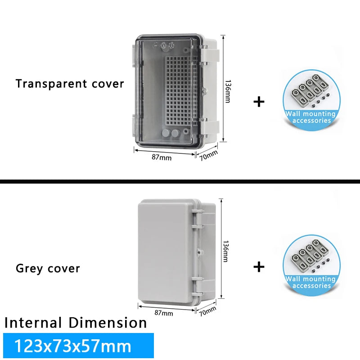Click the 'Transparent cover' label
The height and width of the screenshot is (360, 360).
click(70, 84)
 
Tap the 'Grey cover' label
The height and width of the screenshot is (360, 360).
click(48, 269)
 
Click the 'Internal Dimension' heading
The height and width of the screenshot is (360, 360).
click(76, 323)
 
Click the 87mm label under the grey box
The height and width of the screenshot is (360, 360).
click(164, 313)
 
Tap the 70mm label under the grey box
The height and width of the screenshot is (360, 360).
click(207, 310)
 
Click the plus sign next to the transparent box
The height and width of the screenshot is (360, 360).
click(259, 102)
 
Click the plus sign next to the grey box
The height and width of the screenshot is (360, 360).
click(259, 267)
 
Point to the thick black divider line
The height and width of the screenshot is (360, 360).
click(180, 182)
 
